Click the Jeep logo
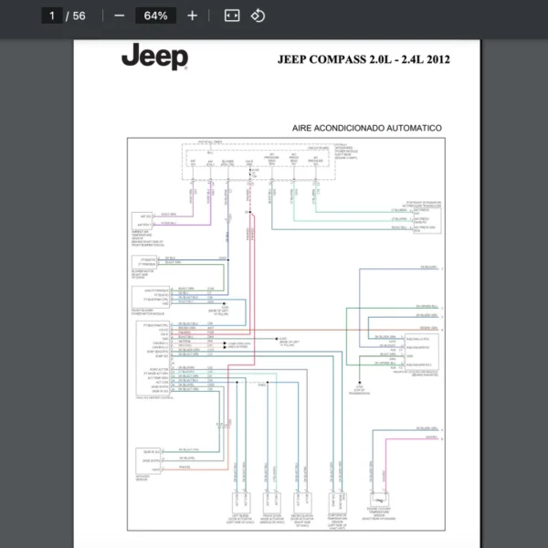[x=154, y=57]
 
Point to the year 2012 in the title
[x=436, y=60]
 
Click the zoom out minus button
[x=119, y=16]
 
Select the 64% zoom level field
[x=155, y=16]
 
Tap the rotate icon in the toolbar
[x=258, y=16]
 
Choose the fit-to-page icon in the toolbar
[x=232, y=16]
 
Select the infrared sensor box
[x=148, y=456]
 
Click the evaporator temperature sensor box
[x=334, y=501]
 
